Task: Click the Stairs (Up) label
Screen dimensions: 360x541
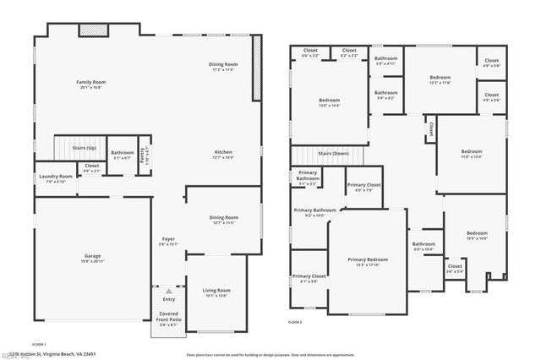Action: [x=83, y=147]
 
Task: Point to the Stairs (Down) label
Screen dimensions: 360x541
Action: [x=333, y=153]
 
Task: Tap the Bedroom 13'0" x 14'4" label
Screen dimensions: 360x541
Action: [x=328, y=101]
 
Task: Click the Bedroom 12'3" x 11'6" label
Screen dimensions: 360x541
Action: [x=440, y=79]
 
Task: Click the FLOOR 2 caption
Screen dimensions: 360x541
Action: [x=295, y=323]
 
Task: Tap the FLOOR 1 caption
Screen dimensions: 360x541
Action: [x=39, y=345]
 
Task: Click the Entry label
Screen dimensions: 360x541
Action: [x=169, y=299]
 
